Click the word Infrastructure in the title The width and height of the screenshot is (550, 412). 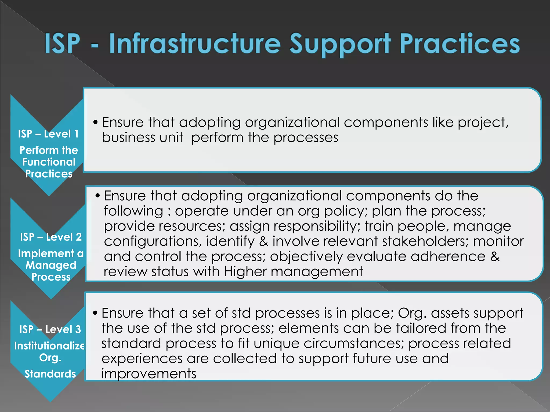coord(195,44)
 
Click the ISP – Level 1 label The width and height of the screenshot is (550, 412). coord(48,134)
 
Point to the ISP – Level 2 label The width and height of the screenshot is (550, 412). coord(51,237)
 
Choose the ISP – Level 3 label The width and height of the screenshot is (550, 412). coord(50,329)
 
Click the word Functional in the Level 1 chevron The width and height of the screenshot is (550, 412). coord(49,162)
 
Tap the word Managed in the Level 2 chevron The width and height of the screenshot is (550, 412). coord(51,265)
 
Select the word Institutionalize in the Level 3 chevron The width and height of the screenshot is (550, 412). coord(49,346)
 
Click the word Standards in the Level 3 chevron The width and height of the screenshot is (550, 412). coord(50,374)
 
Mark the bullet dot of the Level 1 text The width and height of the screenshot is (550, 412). coord(95,122)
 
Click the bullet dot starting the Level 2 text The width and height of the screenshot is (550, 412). coord(97,196)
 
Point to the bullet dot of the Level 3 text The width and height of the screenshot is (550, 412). coord(95,313)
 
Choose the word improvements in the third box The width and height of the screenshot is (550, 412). coord(149,373)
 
